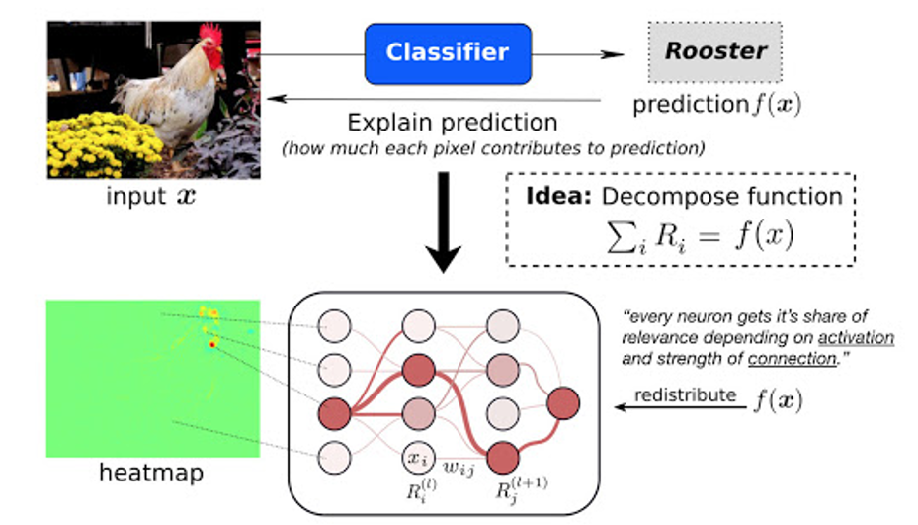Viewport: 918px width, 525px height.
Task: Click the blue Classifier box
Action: click(x=448, y=54)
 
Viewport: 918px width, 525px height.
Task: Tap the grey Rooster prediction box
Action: click(x=714, y=51)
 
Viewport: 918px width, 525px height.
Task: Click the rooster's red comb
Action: click(x=211, y=36)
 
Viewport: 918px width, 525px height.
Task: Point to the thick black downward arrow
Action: click(x=444, y=221)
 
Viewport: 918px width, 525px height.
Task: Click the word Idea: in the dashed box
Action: click(x=558, y=196)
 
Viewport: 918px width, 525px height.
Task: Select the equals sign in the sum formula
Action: click(x=709, y=237)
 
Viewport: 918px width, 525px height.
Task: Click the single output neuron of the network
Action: click(x=563, y=403)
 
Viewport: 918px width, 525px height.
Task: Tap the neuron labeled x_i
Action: click(x=419, y=458)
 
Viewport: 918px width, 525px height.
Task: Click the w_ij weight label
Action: click(x=459, y=467)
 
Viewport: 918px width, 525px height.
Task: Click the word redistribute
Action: click(x=685, y=394)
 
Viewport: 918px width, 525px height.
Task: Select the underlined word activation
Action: click(x=856, y=338)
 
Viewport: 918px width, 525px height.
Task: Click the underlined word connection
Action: click(x=793, y=359)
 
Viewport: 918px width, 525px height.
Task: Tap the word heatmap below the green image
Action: click(x=151, y=473)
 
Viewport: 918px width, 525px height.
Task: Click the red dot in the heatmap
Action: click(x=211, y=344)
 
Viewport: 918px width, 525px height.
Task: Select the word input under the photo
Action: click(x=135, y=197)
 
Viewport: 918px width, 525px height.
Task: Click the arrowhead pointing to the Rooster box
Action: click(x=613, y=54)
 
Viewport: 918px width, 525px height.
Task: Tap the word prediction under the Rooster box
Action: click(x=691, y=105)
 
